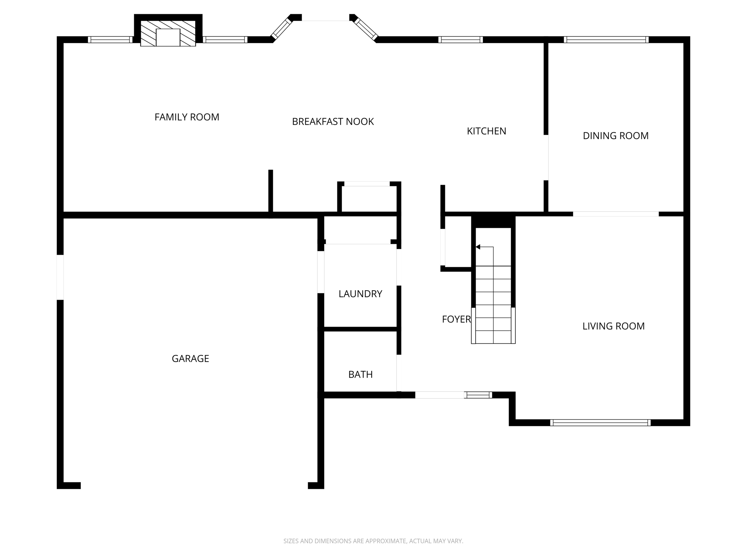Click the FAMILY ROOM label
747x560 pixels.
(x=187, y=117)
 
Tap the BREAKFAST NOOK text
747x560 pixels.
(x=333, y=122)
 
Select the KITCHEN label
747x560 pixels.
(x=486, y=131)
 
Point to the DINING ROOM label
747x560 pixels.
(x=615, y=136)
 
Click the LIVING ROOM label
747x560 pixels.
(x=613, y=326)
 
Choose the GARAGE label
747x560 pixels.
(x=190, y=359)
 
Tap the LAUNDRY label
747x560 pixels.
(x=360, y=294)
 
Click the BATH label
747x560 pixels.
(x=360, y=374)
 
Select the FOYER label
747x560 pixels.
(x=456, y=319)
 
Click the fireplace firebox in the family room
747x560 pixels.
(x=168, y=38)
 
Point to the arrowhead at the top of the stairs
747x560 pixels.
(x=478, y=247)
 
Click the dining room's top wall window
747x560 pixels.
(x=606, y=40)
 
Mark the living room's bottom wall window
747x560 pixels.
(x=600, y=423)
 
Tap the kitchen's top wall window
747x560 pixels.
(x=460, y=40)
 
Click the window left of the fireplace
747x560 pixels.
(x=110, y=40)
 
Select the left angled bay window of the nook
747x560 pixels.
(x=281, y=28)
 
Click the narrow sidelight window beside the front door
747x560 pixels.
(x=478, y=395)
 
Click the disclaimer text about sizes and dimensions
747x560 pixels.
(x=373, y=541)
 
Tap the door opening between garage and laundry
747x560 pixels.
(x=321, y=272)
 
